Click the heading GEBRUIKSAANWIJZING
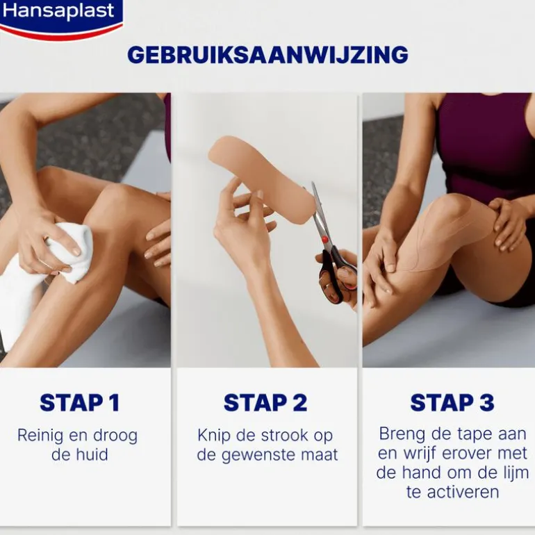coord(267,55)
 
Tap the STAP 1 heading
coord(79,402)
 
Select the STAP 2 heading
coord(265,402)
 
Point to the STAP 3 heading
coord(452,402)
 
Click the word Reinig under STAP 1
coord(40,436)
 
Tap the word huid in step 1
coord(92,454)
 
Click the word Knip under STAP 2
coord(213,436)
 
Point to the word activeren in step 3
coord(463,492)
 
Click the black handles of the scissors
coord(337,273)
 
